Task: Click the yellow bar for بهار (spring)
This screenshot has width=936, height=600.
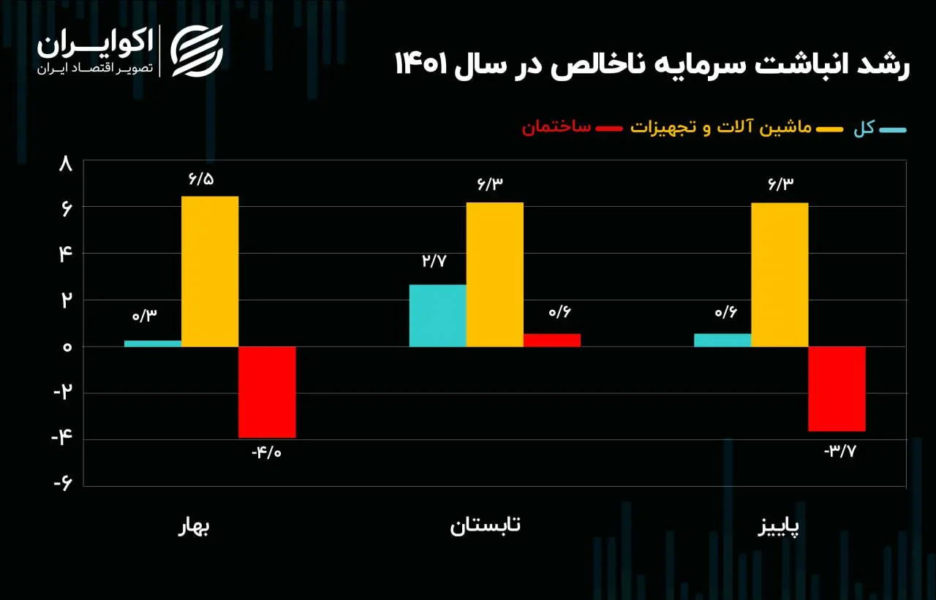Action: click(x=210, y=271)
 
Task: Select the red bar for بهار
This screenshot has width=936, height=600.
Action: click(x=268, y=392)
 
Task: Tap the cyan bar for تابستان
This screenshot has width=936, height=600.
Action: click(x=438, y=316)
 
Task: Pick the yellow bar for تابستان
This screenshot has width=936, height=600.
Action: click(x=495, y=275)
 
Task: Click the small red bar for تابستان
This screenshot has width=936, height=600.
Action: click(x=552, y=341)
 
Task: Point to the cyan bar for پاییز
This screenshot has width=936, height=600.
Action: click(x=723, y=341)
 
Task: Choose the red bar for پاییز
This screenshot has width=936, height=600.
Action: click(x=837, y=389)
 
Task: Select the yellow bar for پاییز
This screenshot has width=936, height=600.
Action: click(x=780, y=275)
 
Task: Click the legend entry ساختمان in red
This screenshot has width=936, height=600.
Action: click(x=556, y=127)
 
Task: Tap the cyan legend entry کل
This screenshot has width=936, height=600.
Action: click(x=864, y=128)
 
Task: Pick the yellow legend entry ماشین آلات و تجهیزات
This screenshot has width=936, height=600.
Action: click(x=721, y=127)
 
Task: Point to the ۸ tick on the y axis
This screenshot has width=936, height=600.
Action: click(x=66, y=164)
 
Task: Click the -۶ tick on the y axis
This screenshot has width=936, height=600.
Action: click(x=63, y=484)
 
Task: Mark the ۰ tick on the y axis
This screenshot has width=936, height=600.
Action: click(x=67, y=347)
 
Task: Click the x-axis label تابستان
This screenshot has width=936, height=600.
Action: click(x=485, y=525)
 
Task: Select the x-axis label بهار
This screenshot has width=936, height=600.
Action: click(x=194, y=526)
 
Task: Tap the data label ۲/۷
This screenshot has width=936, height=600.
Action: click(x=434, y=261)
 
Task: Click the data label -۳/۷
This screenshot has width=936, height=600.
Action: click(x=840, y=451)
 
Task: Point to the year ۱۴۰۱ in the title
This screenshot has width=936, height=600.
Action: click(x=421, y=64)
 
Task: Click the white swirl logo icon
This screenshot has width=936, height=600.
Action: click(x=197, y=51)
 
